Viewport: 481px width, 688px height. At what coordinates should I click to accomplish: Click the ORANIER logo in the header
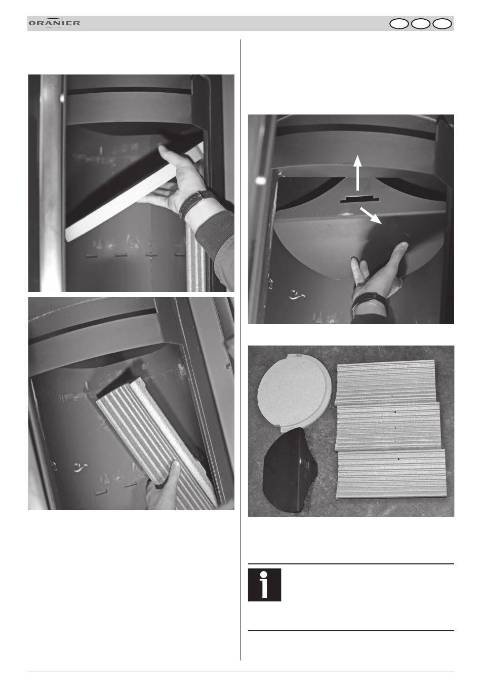click(x=54, y=23)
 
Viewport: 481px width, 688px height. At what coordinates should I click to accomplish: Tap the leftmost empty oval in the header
click(x=399, y=24)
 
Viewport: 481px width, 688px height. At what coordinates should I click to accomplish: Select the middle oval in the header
click(x=420, y=24)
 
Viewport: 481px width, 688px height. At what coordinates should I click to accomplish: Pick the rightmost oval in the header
click(x=442, y=24)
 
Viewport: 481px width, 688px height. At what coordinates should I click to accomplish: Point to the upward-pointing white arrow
click(x=357, y=173)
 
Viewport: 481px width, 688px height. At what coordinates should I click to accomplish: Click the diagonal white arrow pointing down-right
click(x=371, y=215)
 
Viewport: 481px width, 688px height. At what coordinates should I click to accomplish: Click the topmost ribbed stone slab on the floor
click(x=386, y=382)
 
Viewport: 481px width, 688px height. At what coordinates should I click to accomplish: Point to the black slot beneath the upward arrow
click(x=359, y=199)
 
